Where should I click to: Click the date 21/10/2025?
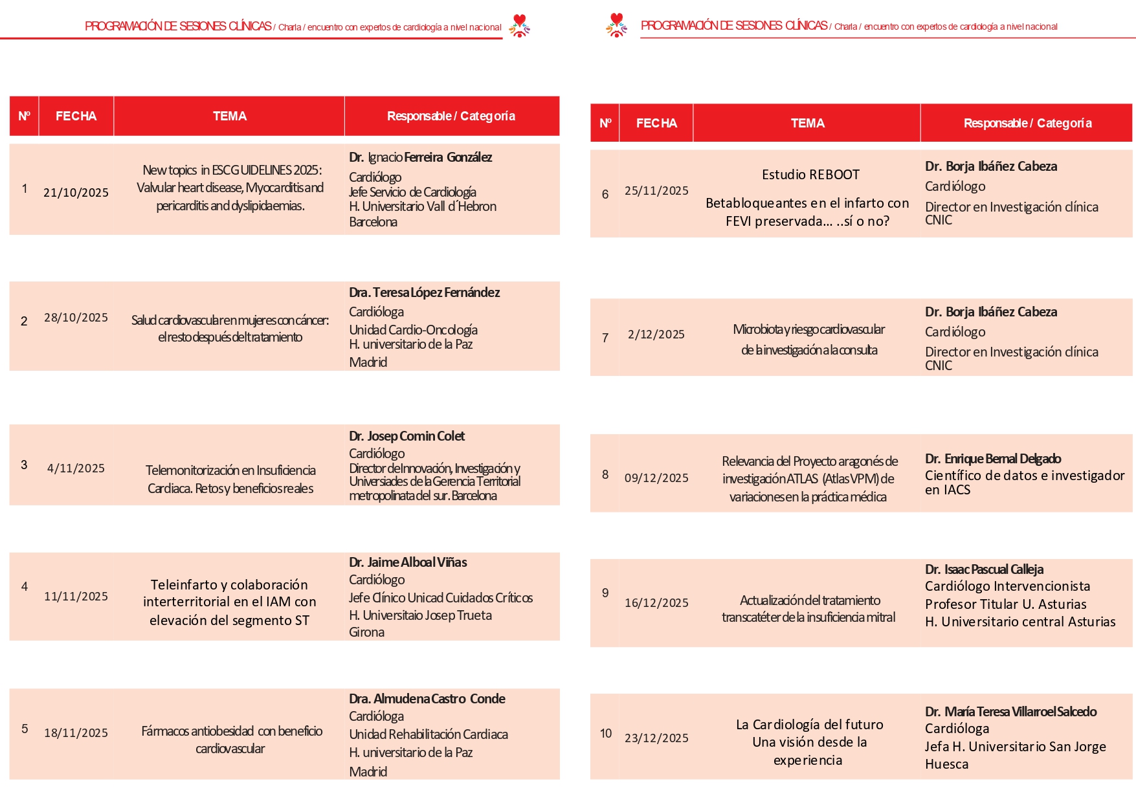[76, 193]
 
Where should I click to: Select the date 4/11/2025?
[76, 468]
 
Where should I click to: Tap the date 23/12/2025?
[656, 738]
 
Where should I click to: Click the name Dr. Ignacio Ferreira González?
[420, 157]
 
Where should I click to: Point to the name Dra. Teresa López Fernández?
[424, 292]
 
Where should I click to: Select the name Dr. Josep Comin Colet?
[407, 436]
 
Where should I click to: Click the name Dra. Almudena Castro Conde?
[427, 699]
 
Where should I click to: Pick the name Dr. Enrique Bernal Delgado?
[992, 459]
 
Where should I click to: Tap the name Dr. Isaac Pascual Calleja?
[984, 569]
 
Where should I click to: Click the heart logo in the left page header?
[519, 25]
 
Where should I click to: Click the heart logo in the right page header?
[616, 25]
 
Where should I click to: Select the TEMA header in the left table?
[229, 116]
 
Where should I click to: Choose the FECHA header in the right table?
[656, 124]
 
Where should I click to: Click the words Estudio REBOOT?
[810, 175]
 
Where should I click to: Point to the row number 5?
[25, 729]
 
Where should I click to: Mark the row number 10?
[605, 734]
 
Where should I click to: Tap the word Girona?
[366, 632]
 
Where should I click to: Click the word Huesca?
[946, 764]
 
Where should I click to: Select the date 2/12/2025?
[656, 335]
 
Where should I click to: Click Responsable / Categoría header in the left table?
[451, 116]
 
